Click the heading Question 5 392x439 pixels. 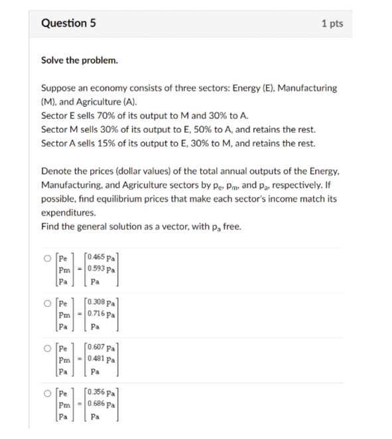68,23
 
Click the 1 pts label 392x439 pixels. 332,24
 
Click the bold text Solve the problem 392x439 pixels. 79,60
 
